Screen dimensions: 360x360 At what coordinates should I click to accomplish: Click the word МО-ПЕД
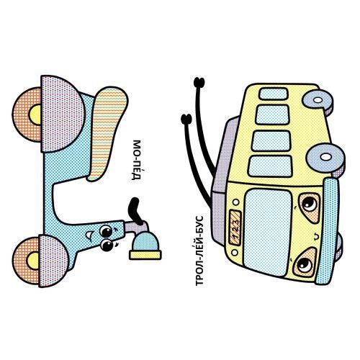point(136,160)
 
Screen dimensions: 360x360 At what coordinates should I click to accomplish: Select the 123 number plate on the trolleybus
point(235,228)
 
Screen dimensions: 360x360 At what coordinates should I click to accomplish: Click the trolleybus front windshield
point(269,229)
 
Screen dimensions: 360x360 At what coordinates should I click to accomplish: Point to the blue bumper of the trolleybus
point(328,232)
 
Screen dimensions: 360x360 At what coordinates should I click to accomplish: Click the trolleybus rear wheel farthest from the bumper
point(318,100)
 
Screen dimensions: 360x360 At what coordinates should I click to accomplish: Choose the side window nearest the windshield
point(271,166)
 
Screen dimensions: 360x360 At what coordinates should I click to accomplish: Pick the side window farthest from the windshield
point(274,94)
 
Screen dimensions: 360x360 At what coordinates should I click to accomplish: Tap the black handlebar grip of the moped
point(135,211)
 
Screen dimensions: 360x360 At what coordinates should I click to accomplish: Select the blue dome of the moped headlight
point(145,241)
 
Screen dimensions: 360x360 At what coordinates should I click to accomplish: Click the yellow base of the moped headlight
point(145,255)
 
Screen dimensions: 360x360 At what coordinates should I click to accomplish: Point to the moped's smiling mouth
point(89,236)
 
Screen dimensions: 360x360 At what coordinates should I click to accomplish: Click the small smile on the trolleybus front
point(316,237)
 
